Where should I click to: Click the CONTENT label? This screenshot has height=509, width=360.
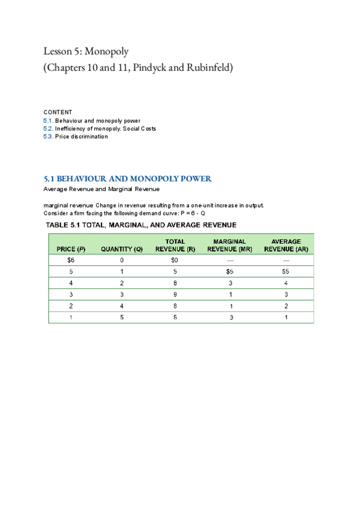(x=58, y=112)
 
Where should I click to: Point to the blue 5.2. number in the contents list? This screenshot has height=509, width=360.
(x=49, y=128)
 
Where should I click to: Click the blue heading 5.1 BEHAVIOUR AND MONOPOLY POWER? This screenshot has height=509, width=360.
(x=128, y=179)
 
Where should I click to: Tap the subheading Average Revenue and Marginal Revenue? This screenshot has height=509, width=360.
(x=101, y=190)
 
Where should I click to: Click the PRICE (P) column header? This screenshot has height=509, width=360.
(x=71, y=249)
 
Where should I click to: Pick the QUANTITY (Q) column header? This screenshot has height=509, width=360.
(x=122, y=249)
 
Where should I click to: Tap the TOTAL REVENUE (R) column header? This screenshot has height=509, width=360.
(x=174, y=245)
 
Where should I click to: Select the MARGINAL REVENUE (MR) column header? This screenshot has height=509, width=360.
(x=229, y=245)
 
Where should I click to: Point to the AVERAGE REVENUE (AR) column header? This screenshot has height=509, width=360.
(x=286, y=245)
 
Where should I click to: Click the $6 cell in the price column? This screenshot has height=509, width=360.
(x=71, y=261)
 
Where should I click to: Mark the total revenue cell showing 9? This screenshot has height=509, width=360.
(x=174, y=295)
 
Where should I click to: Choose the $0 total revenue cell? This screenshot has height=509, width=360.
(x=174, y=261)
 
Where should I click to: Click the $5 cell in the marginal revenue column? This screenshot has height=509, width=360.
(x=229, y=272)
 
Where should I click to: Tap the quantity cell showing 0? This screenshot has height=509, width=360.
(x=122, y=261)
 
